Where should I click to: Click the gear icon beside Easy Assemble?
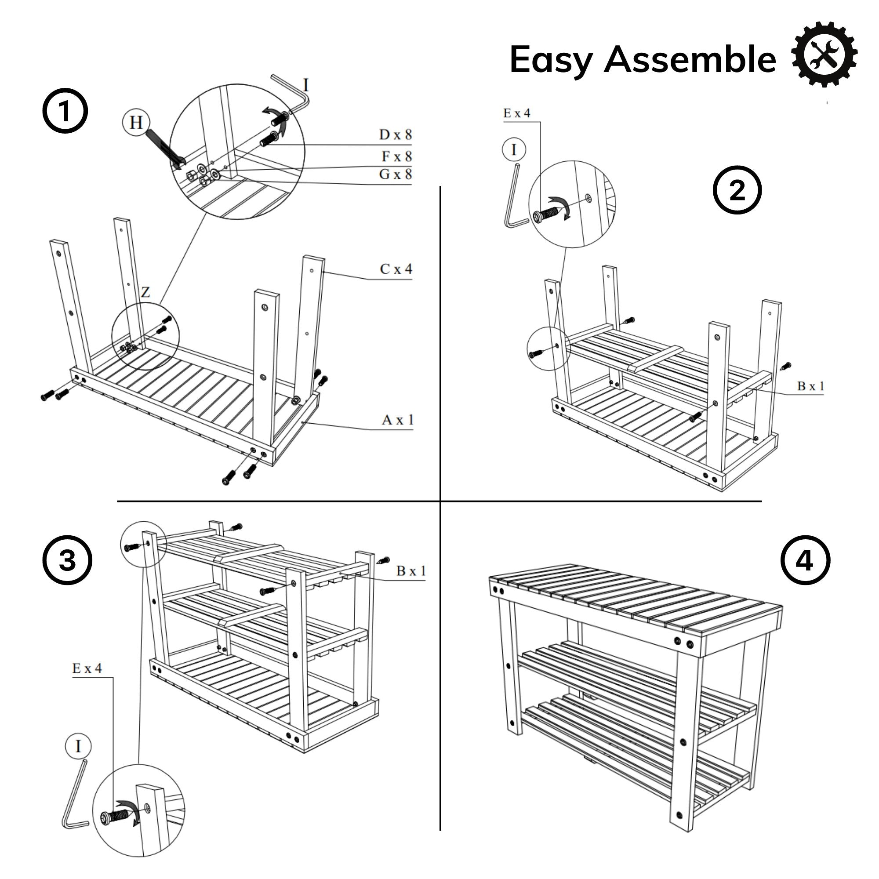(824, 54)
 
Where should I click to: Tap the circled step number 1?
(65, 111)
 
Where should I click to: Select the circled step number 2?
(737, 190)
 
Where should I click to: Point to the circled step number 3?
(67, 560)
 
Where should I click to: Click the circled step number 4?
(805, 560)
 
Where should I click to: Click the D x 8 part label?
(395, 134)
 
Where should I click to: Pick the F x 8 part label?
(396, 156)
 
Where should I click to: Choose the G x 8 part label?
(395, 174)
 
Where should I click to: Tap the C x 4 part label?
(396, 269)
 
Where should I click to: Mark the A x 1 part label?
(398, 419)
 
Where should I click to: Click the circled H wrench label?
(136, 122)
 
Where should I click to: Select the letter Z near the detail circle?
(145, 292)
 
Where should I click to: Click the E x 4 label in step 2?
(516, 113)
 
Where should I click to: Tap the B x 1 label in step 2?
(810, 386)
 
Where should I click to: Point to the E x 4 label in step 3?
(87, 668)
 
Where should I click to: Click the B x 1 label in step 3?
(411, 570)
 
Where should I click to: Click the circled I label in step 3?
(78, 746)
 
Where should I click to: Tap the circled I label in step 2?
(514, 149)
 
